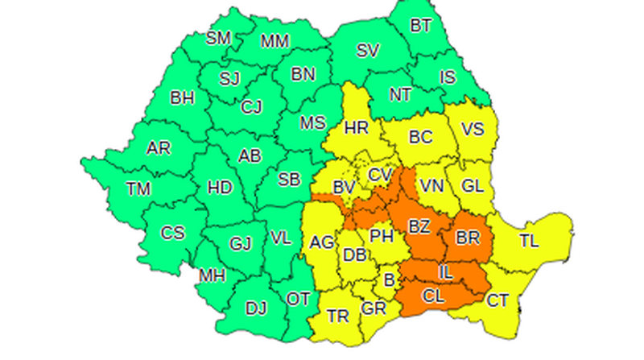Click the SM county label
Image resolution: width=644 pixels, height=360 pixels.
click(217, 38)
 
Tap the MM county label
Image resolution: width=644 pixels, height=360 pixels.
click(275, 41)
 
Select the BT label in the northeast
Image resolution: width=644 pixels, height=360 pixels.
click(420, 25)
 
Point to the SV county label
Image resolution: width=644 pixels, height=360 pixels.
click(367, 50)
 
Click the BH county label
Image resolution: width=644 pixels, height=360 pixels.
click(182, 98)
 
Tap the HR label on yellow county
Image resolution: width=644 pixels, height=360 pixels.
click(356, 127)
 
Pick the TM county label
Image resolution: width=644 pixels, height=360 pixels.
click(139, 188)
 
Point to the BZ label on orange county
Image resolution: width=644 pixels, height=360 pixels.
click(419, 228)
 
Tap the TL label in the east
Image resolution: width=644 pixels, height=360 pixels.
click(529, 240)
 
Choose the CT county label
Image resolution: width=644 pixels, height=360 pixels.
click(498, 300)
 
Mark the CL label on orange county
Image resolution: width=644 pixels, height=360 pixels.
click(433, 296)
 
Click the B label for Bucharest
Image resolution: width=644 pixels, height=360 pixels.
click(390, 280)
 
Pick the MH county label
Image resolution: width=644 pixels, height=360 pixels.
click(213, 275)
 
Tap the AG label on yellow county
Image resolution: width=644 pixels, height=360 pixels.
click(322, 242)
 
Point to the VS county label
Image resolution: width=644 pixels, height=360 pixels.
click(473, 127)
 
